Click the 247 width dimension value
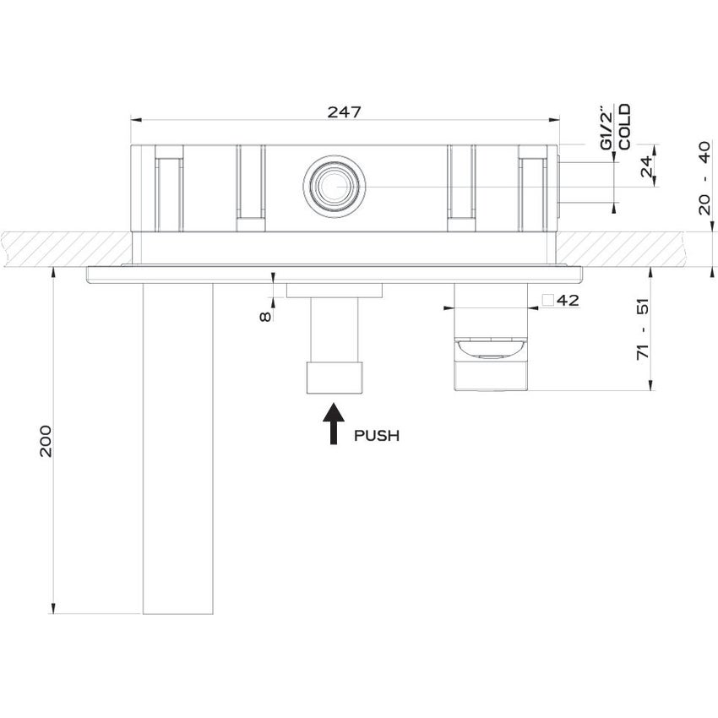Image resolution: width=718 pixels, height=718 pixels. click(x=345, y=112)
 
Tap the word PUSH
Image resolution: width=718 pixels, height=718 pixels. click(x=377, y=436)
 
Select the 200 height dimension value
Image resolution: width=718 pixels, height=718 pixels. click(x=46, y=440)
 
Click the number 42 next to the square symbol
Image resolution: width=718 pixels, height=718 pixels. click(x=567, y=301)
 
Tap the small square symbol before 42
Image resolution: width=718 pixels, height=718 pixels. click(x=547, y=301)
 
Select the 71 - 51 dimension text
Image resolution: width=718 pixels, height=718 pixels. click(x=645, y=329)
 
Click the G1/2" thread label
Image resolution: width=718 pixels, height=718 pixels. click(x=606, y=128)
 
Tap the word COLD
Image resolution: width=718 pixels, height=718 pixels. click(x=624, y=127)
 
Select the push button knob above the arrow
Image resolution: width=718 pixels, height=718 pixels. click(x=335, y=375)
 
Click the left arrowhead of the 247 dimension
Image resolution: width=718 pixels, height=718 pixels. click(x=135, y=120)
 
